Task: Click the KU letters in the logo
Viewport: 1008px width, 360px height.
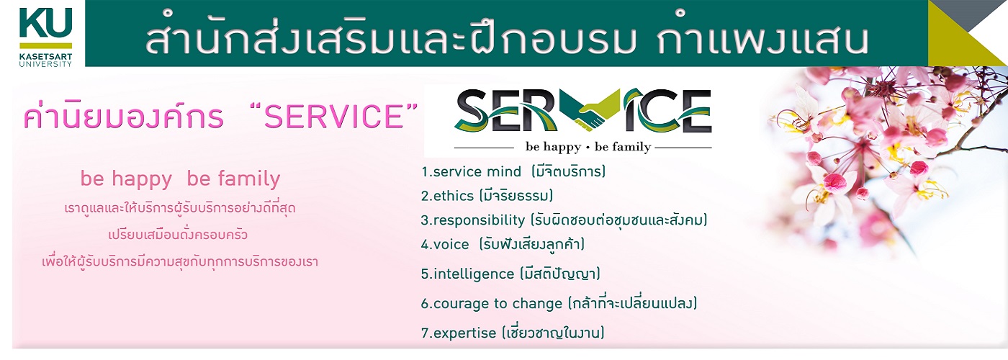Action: click(x=45, y=23)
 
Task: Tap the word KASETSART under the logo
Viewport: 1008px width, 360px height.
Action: click(x=45, y=57)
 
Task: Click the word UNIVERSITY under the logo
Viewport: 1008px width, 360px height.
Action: click(x=45, y=64)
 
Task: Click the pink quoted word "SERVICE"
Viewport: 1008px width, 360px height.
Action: click(x=333, y=116)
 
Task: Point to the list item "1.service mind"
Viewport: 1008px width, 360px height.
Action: click(x=471, y=171)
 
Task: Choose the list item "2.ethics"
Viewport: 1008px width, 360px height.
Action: click(x=447, y=196)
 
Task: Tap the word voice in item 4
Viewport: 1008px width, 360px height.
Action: click(x=451, y=244)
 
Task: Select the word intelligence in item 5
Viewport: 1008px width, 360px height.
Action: click(x=474, y=274)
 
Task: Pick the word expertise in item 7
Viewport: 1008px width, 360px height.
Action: click(x=464, y=333)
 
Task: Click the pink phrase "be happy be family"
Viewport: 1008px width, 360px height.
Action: click(x=180, y=179)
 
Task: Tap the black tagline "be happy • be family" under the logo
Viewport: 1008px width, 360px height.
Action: click(x=588, y=147)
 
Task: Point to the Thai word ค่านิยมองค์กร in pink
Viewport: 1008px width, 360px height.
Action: click(x=123, y=116)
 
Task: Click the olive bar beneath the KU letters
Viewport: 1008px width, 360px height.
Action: click(x=45, y=45)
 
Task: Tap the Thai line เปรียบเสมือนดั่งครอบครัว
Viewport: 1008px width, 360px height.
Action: click(x=178, y=235)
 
